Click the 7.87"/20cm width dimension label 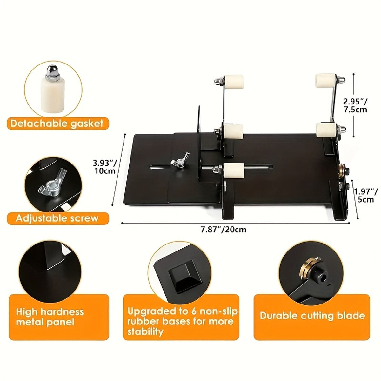pyautogui.click(x=224, y=230)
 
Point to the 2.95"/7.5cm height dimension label pyautogui.click(x=355, y=105)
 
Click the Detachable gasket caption pyautogui.click(x=57, y=124)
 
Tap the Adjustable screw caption pyautogui.click(x=57, y=218)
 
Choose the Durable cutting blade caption pyautogui.click(x=312, y=315)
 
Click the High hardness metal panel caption pyautogui.click(x=50, y=320)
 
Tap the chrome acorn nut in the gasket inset pyautogui.click(x=52, y=73)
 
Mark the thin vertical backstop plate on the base pyautogui.click(x=198, y=144)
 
